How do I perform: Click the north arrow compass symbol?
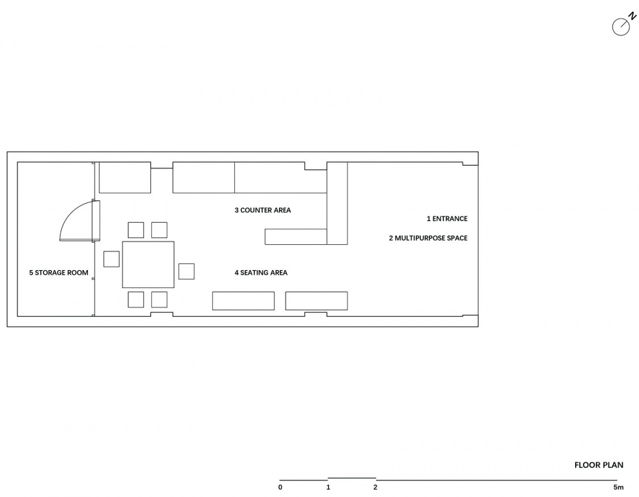click(x=622, y=26)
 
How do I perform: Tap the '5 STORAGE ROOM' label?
click(x=59, y=273)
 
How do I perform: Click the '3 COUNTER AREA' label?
click(x=263, y=210)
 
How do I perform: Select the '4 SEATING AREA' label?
click(x=261, y=273)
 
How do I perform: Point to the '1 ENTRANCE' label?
click(x=447, y=219)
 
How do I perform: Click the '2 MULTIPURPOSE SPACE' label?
click(x=428, y=238)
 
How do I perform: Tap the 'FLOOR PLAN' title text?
click(x=598, y=465)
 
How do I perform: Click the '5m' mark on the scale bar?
click(x=618, y=487)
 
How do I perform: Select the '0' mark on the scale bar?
click(x=280, y=487)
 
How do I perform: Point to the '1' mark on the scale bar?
click(x=328, y=487)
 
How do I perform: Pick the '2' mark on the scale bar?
click(x=375, y=487)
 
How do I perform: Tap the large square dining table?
click(x=148, y=265)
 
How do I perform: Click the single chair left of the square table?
click(x=111, y=259)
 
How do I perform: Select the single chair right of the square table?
click(x=186, y=271)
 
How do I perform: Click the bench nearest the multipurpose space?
click(x=317, y=301)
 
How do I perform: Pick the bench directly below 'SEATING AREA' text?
click(x=244, y=301)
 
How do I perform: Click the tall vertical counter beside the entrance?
click(x=337, y=204)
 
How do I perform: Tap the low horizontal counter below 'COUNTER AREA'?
click(x=296, y=237)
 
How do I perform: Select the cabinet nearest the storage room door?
click(x=125, y=177)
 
